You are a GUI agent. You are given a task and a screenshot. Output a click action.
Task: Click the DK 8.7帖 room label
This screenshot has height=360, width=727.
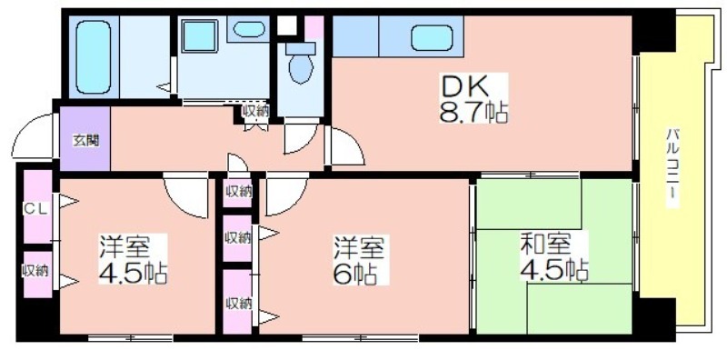[x=473, y=98]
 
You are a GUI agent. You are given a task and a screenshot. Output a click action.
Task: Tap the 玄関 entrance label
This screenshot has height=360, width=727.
[x=85, y=141]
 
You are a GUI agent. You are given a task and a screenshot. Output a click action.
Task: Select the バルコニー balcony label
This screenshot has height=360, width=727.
[x=671, y=169]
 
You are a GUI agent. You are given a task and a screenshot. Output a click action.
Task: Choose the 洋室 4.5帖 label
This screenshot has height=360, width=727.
[x=133, y=259]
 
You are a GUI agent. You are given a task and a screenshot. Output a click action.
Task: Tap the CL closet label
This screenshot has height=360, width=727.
[x=35, y=209]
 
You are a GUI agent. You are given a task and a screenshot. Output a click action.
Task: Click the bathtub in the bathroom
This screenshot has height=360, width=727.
[x=94, y=56]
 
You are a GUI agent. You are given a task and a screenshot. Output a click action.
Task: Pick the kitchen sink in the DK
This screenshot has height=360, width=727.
[x=432, y=38]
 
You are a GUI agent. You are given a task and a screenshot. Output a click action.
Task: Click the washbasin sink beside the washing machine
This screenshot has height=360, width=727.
[x=249, y=29]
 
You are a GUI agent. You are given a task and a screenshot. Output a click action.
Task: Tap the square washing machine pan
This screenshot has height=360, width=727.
[x=199, y=35]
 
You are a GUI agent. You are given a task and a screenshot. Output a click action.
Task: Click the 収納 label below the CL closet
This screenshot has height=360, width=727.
[x=35, y=272]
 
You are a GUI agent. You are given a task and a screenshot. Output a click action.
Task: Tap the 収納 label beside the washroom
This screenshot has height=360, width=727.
[x=255, y=111]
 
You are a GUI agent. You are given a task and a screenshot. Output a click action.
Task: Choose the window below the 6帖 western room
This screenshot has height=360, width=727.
[x=360, y=337]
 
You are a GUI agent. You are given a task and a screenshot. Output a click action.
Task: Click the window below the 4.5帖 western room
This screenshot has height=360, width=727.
[x=130, y=337]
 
